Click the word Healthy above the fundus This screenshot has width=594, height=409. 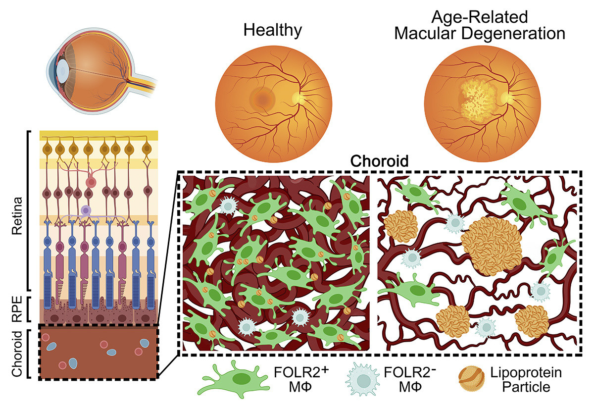click(x=272, y=30)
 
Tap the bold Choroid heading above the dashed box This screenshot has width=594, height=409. click(x=379, y=161)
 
